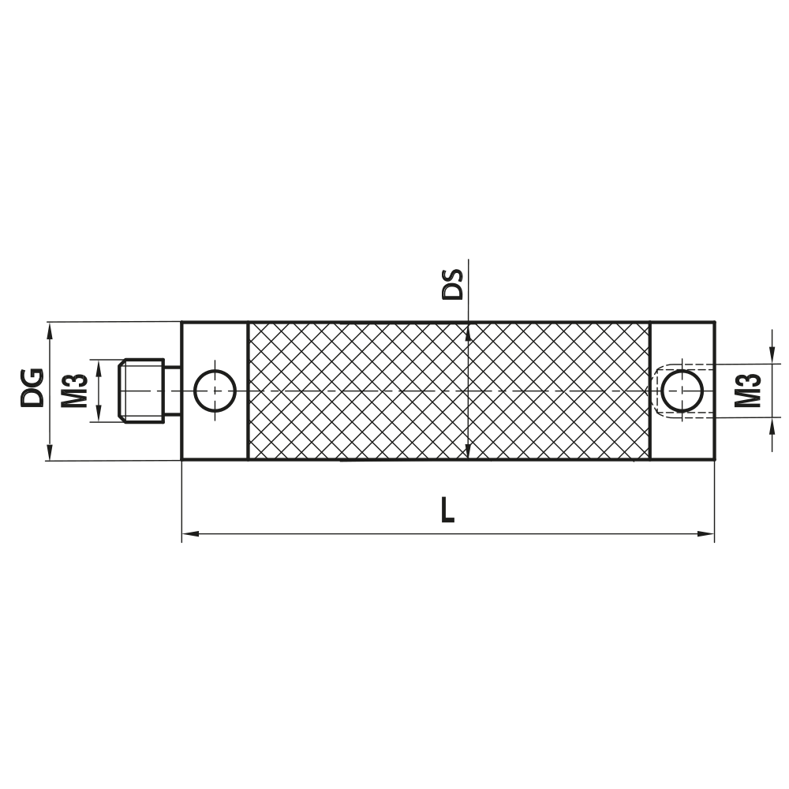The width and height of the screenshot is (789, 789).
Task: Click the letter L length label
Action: coord(447,510)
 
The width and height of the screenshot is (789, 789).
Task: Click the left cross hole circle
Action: coord(215,391)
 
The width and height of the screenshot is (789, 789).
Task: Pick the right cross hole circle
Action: coord(682,391)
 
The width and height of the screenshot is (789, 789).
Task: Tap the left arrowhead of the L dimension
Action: coord(189,535)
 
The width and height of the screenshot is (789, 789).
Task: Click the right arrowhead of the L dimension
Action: coord(707,535)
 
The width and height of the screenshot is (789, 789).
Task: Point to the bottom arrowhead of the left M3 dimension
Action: coord(99,415)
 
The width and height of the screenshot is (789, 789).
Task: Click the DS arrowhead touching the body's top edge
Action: coord(469,329)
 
